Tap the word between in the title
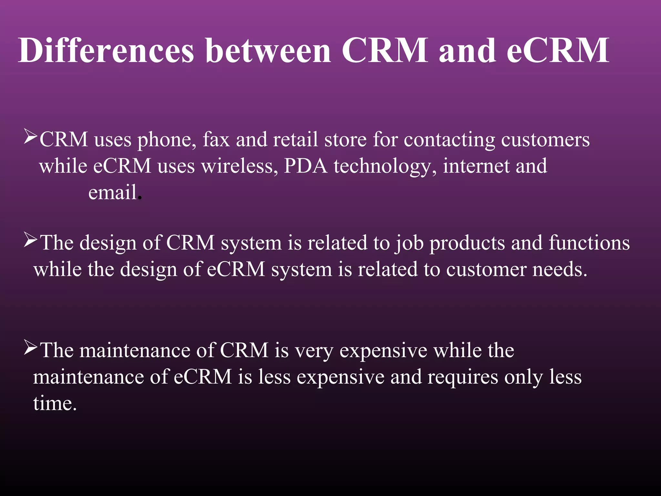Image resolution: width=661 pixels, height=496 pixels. point(268,51)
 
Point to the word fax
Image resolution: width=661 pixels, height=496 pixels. point(216,140)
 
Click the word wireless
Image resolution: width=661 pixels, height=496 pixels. point(239,166)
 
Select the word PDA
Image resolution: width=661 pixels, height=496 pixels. point(305,166)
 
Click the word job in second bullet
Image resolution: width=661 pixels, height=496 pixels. point(410,243)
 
